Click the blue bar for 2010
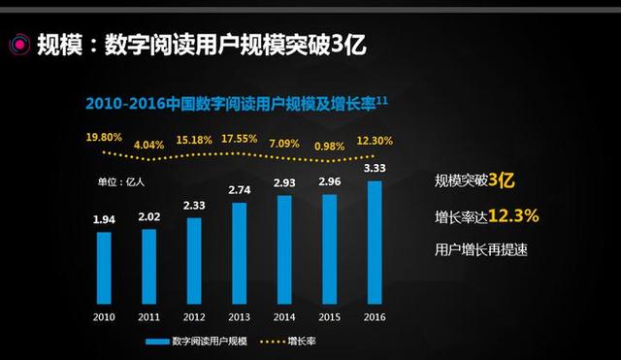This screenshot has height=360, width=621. [x=104, y=267]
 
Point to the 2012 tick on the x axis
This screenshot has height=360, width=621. [x=194, y=316]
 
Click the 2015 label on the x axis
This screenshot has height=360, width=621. [x=329, y=316]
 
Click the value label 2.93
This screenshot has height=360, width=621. [x=284, y=183]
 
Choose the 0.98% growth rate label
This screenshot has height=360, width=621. [x=330, y=146]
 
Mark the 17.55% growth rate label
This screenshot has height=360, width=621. [x=239, y=139]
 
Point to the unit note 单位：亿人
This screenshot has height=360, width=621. [x=119, y=180]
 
